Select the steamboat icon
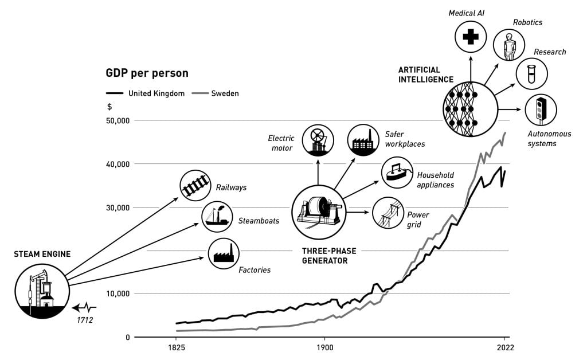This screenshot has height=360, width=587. tap(217, 217)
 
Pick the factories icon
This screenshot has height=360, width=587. tap(224, 253)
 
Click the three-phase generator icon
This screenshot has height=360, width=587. tap(319, 211)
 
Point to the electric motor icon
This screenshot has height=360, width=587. tap(318, 139)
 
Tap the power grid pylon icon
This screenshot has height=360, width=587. tap(388, 213)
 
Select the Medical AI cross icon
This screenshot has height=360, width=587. tap(471, 37)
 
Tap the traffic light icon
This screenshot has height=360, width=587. tap(541, 109)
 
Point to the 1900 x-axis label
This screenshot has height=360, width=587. tap(324, 347)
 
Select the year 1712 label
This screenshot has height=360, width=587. tap(85, 320)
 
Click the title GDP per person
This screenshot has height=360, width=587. tap(147, 73)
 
